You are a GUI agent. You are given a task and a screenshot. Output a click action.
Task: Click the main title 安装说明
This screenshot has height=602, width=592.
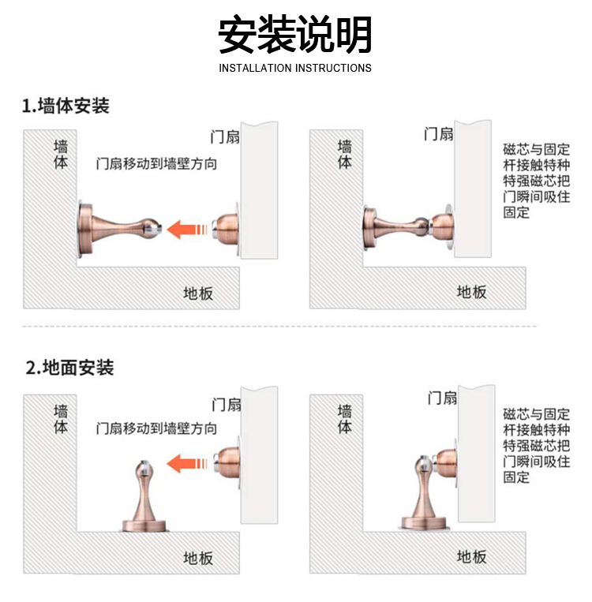[294, 34]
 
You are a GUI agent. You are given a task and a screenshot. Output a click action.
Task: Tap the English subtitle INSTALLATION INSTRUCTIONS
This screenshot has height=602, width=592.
[295, 69]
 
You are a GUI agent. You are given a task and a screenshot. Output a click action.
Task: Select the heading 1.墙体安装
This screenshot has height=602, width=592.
[66, 106]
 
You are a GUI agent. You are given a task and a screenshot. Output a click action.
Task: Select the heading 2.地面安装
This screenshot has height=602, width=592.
[69, 368]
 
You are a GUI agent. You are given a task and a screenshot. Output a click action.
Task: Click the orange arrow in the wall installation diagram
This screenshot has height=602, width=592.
[188, 230]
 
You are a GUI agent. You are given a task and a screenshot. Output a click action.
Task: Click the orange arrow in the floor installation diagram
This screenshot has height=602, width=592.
[188, 463]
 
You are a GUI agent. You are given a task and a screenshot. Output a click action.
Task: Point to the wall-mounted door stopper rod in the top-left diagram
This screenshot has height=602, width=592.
[120, 229]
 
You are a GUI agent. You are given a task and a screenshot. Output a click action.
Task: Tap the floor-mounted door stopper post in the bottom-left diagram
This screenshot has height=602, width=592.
[144, 496]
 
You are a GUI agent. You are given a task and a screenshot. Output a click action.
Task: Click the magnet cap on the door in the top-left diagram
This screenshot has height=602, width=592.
[226, 230]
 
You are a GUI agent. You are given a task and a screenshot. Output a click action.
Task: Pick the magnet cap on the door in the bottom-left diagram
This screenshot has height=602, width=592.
[227, 462]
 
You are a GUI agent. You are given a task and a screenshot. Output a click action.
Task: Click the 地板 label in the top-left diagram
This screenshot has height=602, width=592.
[198, 294]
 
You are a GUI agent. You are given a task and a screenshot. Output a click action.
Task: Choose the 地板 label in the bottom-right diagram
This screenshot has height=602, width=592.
[472, 557]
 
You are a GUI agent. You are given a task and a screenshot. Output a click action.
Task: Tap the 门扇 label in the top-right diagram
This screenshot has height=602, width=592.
[439, 134]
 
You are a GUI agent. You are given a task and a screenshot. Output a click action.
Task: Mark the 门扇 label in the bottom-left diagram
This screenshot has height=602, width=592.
[227, 405]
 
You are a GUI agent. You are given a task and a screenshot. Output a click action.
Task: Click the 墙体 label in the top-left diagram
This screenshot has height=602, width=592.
[61, 155]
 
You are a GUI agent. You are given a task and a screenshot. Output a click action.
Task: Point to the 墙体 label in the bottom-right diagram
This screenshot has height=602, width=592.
[345, 419]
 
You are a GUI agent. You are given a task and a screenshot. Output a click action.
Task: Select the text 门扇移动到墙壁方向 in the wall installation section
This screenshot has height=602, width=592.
[157, 164]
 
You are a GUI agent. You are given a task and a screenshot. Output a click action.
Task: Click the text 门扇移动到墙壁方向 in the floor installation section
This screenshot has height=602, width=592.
[157, 428]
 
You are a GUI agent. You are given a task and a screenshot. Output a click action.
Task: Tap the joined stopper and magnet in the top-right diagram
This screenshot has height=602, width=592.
[409, 228]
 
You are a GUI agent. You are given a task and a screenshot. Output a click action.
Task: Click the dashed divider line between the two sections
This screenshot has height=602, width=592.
[279, 327]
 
